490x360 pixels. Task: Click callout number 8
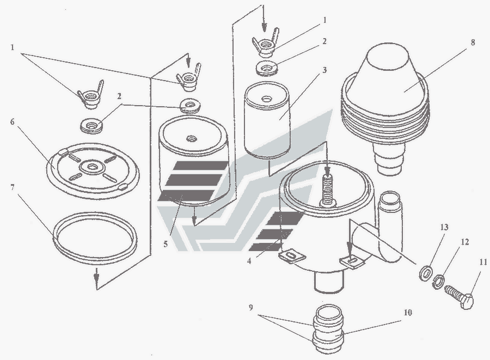coord(473,42)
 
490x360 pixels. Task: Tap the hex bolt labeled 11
coord(459,297)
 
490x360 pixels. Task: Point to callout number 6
coord(12,121)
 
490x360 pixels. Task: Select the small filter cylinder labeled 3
coord(268,119)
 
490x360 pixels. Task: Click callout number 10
coord(407,312)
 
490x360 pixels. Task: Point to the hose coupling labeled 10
coord(328,329)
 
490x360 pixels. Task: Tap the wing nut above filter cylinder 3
coord(265,43)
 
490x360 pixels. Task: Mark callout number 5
coord(166,244)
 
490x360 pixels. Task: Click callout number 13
coord(444,227)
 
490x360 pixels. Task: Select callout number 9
coord(250,308)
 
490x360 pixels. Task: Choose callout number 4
coord(249,261)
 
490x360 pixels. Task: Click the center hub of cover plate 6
coord(91,167)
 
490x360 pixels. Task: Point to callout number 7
coord(13,187)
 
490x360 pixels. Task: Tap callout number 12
coord(465,242)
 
